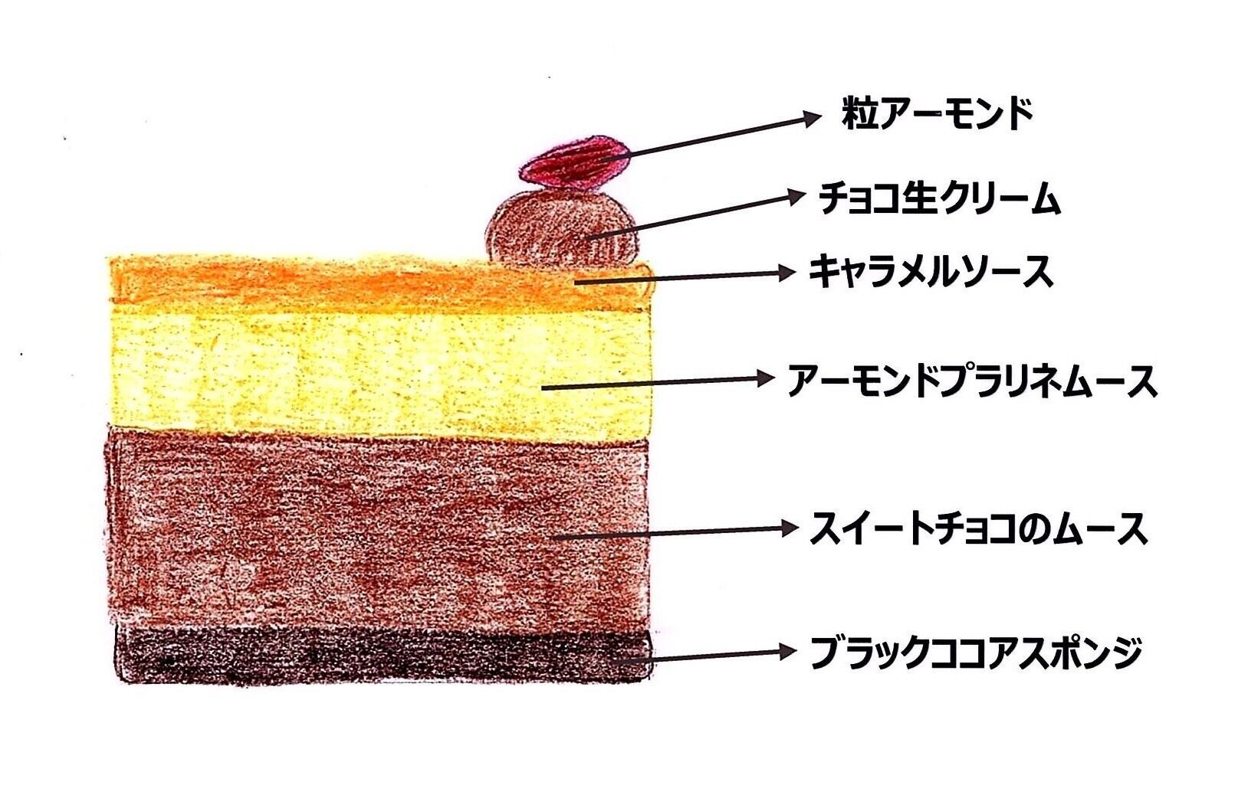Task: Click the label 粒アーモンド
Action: pos(938,115)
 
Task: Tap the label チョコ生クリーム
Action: pos(939,199)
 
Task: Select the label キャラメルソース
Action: pos(931,273)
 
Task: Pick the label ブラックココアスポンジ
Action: pos(976,653)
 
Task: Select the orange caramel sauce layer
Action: pos(345,282)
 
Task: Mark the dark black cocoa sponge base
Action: pos(345,655)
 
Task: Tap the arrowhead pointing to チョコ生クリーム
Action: pos(797,197)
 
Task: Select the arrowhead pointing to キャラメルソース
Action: pos(786,272)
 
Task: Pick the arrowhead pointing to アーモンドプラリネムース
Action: pos(766,378)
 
